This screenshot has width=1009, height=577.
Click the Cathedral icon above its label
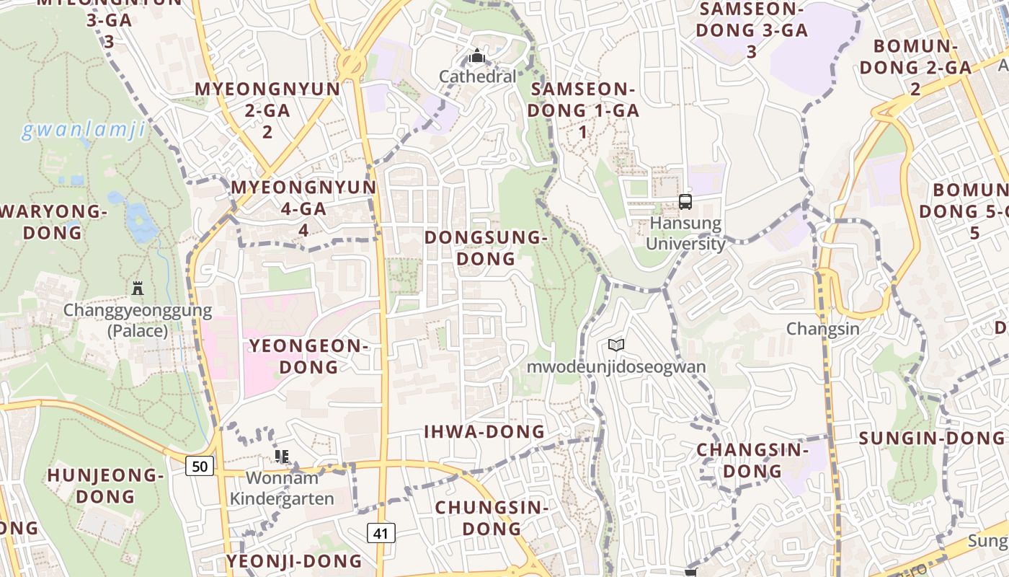pos(476,56)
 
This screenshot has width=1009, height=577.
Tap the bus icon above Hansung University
pos(685,202)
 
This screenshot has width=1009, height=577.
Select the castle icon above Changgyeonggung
pos(138,288)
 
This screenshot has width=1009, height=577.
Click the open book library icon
pos(615,345)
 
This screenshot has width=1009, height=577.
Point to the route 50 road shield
pos(200,466)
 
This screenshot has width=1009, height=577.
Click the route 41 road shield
pos(381,533)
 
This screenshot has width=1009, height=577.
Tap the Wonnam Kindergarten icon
pos(282,456)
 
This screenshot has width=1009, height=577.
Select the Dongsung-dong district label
pos(487,247)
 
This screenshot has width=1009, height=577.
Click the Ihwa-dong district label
pos(484,431)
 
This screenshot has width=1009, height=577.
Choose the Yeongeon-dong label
pos(308,356)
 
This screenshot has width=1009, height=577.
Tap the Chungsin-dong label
pos(492,517)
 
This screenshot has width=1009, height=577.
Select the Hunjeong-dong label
pos(106,485)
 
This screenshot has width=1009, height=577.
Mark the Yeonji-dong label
pos(294,561)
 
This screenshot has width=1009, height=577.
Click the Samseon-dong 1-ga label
pos(583,110)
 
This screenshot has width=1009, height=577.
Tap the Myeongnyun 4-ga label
pos(303,208)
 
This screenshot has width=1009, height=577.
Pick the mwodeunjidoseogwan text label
pos(616,366)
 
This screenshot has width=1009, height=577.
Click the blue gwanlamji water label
pos(84,131)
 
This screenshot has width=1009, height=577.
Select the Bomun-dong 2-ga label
pos(915,67)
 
